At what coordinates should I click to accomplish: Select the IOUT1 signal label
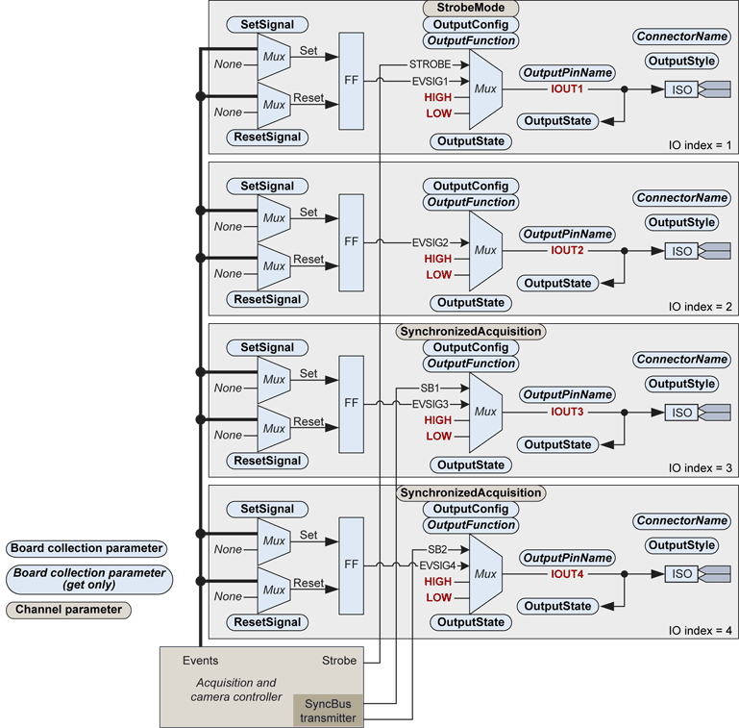[x=567, y=89]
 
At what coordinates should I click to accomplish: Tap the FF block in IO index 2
[x=352, y=242]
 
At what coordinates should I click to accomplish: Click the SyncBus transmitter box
[x=329, y=710]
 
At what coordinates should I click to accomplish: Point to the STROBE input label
[x=429, y=64]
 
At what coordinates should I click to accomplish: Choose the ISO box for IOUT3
[x=681, y=413]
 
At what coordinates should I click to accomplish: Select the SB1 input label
[x=429, y=388]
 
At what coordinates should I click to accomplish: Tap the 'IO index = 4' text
[x=701, y=630]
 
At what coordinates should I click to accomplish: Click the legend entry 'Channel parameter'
[x=68, y=610]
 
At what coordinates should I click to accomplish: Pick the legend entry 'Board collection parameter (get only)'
[x=86, y=578]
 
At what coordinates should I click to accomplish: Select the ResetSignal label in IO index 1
[x=267, y=138]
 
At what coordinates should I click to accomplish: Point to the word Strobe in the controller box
[x=339, y=661]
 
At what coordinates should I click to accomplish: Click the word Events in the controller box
[x=200, y=661]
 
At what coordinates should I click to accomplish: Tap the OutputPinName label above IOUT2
[x=567, y=235]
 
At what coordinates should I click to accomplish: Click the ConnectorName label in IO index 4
[x=681, y=521]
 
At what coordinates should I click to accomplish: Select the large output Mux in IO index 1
[x=485, y=89]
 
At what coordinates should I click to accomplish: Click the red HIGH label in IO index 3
[x=437, y=420]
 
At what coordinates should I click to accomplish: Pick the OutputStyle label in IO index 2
[x=681, y=222]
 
